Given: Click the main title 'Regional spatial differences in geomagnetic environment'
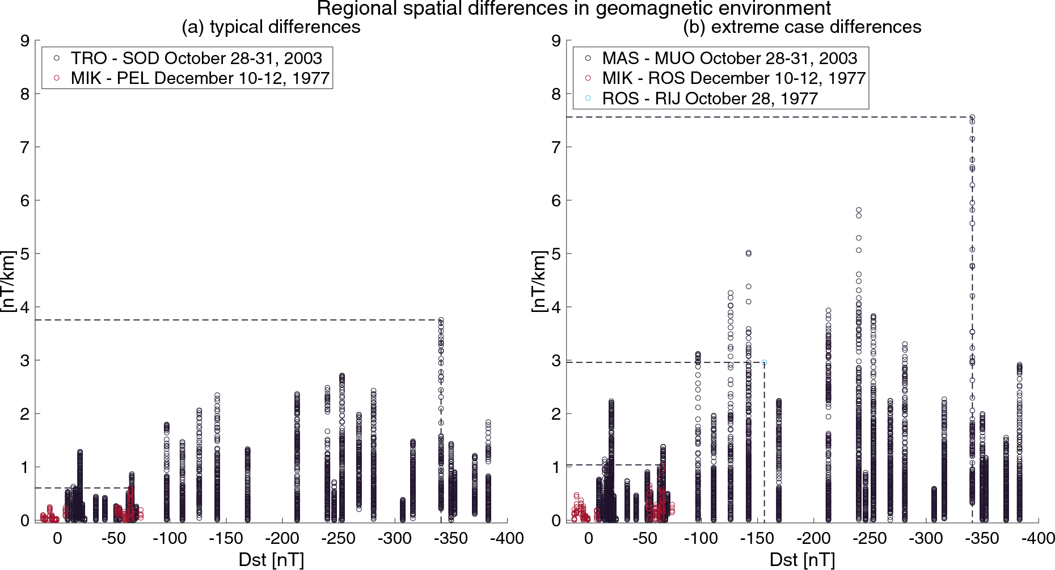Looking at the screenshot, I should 573,9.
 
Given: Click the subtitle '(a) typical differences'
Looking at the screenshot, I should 271,27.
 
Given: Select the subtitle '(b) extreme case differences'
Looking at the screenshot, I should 802,27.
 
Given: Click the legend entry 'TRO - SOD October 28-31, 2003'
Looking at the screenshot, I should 196,58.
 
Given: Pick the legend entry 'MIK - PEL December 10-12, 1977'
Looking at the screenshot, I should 200,78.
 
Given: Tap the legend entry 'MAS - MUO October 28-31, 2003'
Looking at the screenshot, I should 729,58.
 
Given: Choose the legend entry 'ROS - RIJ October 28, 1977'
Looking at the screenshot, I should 710,99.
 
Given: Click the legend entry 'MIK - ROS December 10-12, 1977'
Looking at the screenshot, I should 733,78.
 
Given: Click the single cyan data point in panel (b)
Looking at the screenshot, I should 764,362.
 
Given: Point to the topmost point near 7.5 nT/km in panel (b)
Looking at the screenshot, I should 972,117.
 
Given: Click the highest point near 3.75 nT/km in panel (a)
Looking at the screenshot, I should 441,320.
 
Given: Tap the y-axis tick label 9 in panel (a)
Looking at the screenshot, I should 24,41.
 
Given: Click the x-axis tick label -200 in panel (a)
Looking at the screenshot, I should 282,538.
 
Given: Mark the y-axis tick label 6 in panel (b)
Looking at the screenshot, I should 556,201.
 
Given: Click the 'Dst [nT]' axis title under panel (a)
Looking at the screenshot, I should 271,560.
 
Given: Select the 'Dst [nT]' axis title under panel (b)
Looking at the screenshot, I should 802,560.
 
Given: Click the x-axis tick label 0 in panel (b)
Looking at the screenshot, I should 588,538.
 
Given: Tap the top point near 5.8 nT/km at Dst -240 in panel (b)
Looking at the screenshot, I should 859,210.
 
